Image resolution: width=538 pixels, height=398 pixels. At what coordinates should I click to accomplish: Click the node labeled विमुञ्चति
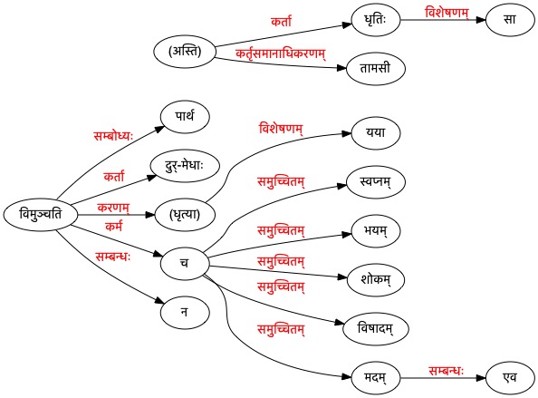click(41, 215)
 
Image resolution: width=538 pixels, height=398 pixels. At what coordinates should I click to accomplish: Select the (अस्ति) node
click(185, 52)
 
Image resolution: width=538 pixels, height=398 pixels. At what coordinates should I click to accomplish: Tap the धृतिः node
click(376, 20)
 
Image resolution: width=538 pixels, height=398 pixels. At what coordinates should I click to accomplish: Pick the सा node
click(510, 20)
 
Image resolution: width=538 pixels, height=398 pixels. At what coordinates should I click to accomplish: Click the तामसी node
click(376, 68)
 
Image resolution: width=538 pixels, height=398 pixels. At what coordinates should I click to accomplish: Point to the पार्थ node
click(185, 117)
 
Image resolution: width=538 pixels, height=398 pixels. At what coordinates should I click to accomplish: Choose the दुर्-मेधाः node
click(185, 166)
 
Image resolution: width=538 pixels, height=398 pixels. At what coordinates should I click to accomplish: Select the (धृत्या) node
click(185, 215)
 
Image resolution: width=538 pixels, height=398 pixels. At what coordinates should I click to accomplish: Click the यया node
click(376, 133)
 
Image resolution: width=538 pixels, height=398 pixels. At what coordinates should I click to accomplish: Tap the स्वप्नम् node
click(376, 182)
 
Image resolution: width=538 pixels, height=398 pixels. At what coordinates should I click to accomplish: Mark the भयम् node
click(376, 231)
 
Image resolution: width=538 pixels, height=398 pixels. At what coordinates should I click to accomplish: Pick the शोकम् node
click(376, 279)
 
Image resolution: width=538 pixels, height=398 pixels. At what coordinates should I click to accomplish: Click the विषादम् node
click(376, 328)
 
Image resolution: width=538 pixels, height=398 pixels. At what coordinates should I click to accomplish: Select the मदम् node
click(376, 378)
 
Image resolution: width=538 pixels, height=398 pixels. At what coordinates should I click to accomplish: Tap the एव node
click(510, 378)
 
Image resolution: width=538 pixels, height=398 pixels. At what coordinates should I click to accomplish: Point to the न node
click(185, 313)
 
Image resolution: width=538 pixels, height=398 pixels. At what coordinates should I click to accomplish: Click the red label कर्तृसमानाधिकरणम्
click(281, 53)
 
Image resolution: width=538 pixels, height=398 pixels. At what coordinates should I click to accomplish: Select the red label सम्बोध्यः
click(113, 136)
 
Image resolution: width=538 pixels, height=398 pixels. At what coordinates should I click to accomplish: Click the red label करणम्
click(113, 208)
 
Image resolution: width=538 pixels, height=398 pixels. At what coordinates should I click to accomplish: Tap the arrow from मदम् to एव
click(443, 378)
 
